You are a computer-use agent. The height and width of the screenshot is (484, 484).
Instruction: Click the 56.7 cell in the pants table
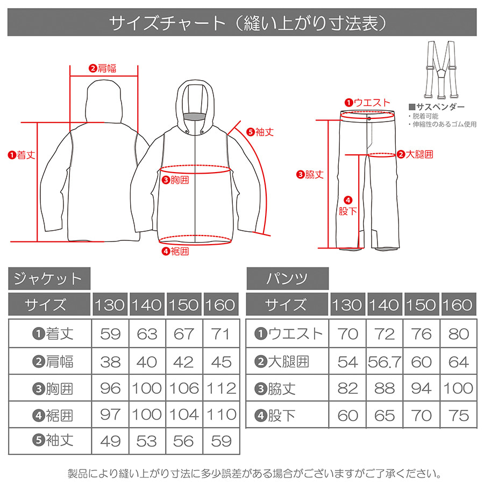(385, 362)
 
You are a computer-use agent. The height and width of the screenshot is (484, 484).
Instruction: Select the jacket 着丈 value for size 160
(220, 334)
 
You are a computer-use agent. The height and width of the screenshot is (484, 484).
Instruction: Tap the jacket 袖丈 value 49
(110, 441)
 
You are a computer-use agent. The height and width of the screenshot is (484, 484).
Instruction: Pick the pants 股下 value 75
(459, 416)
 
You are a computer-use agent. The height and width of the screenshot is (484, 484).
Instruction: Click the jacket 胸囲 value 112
(221, 388)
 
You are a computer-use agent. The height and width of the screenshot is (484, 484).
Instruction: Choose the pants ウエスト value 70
(347, 334)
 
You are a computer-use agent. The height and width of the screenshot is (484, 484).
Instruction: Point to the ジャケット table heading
(49, 279)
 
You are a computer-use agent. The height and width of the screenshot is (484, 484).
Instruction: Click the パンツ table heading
(287, 279)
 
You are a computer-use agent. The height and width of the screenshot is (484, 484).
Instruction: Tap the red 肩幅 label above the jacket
(103, 68)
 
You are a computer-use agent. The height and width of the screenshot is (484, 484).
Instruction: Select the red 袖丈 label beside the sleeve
(260, 132)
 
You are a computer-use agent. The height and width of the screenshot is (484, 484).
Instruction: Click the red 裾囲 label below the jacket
(175, 251)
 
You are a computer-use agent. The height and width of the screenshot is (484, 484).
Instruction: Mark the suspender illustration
(440, 70)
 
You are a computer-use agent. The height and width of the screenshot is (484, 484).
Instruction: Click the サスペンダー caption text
(437, 107)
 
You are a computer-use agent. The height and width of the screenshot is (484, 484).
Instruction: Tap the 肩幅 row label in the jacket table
(53, 361)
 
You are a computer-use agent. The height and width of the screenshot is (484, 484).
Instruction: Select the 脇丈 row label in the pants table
(275, 389)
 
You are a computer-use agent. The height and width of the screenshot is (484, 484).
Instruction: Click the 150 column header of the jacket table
(184, 304)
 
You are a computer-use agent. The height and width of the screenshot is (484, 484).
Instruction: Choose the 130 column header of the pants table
(347, 304)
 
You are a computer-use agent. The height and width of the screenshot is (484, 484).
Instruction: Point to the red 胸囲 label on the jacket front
(175, 180)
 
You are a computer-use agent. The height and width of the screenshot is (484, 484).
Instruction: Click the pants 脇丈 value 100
(459, 388)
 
